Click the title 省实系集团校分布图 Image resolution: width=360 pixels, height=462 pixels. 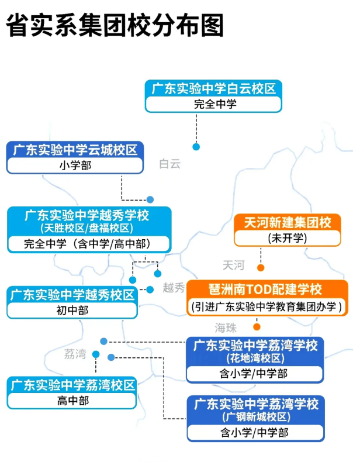tap(115, 26)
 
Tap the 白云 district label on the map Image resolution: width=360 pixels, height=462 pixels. tap(170, 164)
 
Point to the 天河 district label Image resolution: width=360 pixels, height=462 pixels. tap(233, 266)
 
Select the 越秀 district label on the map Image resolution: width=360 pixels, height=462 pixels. tap(174, 288)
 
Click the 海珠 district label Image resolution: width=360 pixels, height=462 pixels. tap(226, 327)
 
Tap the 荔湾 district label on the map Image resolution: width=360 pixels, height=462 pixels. tap(75, 354)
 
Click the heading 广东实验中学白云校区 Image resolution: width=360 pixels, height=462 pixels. tap(213, 89)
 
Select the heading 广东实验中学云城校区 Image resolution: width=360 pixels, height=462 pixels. tap(75, 150)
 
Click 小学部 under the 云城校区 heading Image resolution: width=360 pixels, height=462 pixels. tap(75, 166)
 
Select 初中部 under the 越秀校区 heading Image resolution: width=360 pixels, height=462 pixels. tap(72, 310)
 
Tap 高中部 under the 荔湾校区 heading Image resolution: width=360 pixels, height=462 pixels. tap(72, 401)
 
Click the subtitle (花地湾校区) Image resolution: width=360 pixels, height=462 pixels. tap(255, 358)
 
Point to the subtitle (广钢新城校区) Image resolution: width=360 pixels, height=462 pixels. tap(255, 417)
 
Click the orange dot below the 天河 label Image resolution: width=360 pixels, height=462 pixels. tap(261, 268)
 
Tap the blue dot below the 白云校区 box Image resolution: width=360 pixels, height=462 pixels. tap(196, 147)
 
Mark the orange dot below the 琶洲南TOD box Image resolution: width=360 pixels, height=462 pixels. tap(257, 327)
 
